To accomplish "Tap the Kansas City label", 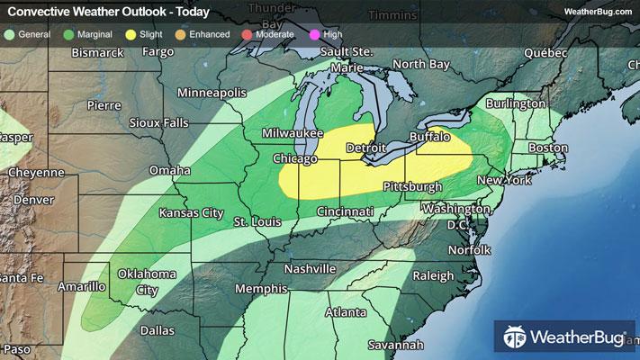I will [190, 213].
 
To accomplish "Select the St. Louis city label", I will [254, 221].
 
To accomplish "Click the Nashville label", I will [309, 269].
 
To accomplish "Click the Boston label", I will [549, 148].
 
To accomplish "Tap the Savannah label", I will [395, 345].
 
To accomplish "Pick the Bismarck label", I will [97, 53].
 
